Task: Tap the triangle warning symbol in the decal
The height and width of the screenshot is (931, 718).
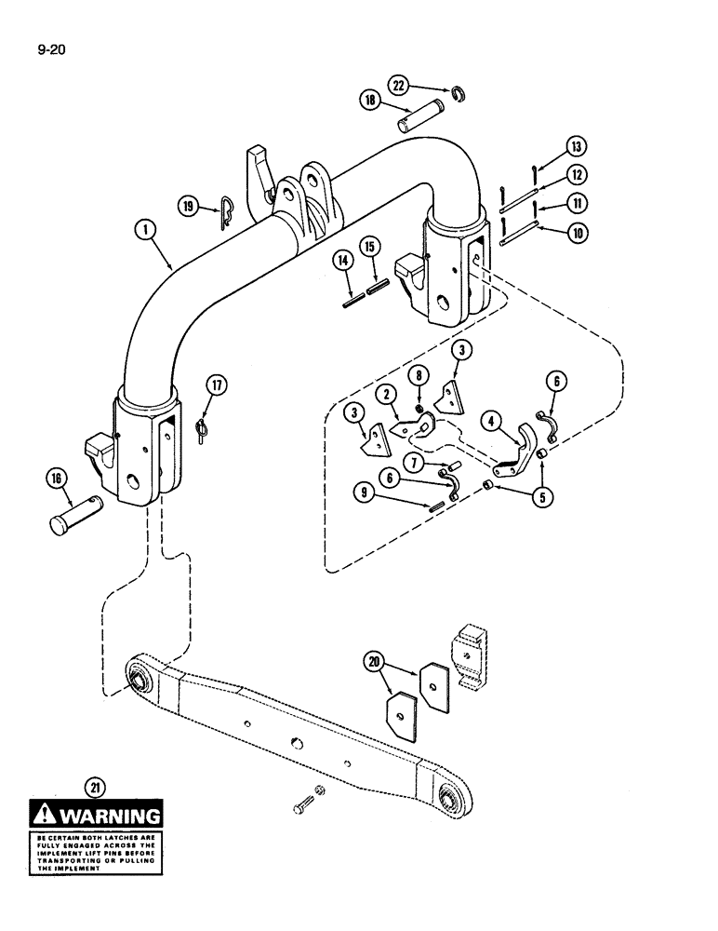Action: [44, 816]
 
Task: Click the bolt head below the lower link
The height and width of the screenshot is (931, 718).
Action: [302, 810]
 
